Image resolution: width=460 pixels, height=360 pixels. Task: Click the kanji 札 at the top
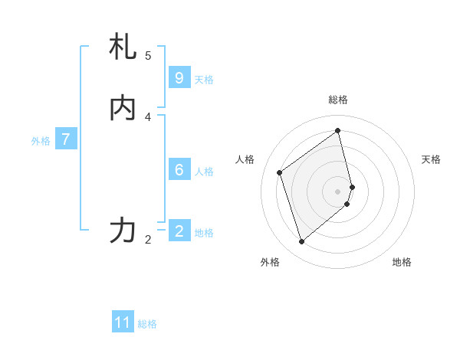click(x=123, y=47)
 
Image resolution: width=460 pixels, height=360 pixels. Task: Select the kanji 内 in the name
click(x=123, y=108)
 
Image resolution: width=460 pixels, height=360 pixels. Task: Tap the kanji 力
click(x=123, y=231)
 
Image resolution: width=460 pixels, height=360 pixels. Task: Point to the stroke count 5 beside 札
click(x=148, y=55)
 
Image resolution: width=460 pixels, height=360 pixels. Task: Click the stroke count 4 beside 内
click(x=148, y=116)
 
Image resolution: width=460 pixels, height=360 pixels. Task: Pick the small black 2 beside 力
click(x=148, y=240)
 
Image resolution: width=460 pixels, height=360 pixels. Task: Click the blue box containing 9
click(x=179, y=78)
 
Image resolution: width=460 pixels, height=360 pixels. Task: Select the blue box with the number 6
click(x=179, y=170)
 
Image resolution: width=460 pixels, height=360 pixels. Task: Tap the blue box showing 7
click(x=67, y=139)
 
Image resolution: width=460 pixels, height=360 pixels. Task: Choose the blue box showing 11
click(x=123, y=322)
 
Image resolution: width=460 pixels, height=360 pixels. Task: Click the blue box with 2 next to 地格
click(x=179, y=231)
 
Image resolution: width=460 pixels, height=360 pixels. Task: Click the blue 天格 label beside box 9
click(x=204, y=80)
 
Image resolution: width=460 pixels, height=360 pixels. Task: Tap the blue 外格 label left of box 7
click(x=41, y=141)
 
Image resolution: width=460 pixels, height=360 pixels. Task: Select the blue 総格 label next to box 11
click(x=147, y=324)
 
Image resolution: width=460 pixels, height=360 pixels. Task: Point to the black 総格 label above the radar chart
click(x=338, y=100)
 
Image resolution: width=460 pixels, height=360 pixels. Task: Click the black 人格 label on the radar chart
click(x=245, y=159)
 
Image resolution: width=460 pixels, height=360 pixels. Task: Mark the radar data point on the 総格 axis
click(x=338, y=130)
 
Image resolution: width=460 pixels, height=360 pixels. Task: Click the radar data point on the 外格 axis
click(x=301, y=242)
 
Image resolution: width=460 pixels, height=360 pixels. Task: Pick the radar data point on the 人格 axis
click(x=280, y=172)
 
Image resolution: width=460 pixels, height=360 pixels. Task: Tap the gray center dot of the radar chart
click(x=338, y=191)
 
